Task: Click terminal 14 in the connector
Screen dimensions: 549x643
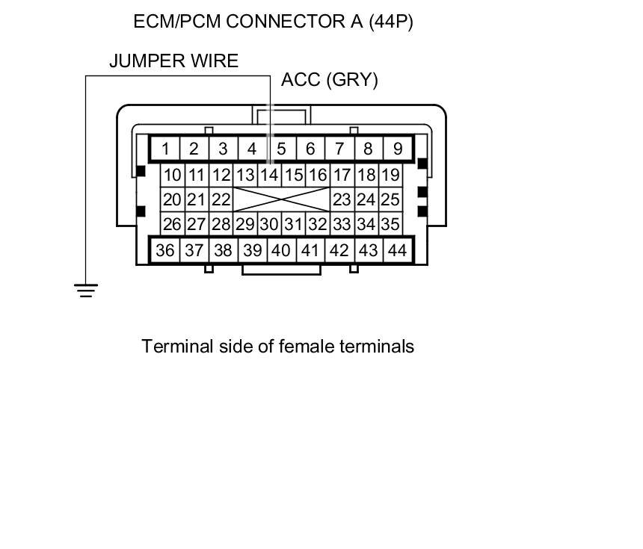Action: (269, 176)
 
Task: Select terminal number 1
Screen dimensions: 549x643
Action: (164, 149)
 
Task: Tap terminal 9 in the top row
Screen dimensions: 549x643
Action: (397, 149)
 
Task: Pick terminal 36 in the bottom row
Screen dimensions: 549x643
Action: (164, 250)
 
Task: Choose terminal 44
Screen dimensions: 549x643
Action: (397, 250)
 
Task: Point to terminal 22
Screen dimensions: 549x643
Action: (221, 199)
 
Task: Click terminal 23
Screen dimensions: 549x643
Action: (342, 199)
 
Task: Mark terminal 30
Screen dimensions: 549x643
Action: (269, 224)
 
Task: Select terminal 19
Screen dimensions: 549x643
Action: (390, 176)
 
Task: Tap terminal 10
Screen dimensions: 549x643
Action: (173, 176)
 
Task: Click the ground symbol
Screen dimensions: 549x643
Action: (86, 290)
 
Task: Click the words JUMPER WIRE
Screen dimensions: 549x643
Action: (173, 61)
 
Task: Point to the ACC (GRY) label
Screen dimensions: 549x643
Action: (330, 80)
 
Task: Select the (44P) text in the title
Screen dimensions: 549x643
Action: (390, 22)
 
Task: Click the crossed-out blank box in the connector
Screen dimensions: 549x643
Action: (281, 199)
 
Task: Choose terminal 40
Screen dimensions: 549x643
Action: (280, 250)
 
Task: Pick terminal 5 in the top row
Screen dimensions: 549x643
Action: (281, 149)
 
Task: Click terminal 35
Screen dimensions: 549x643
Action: (390, 224)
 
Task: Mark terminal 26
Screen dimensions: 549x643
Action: (173, 224)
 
